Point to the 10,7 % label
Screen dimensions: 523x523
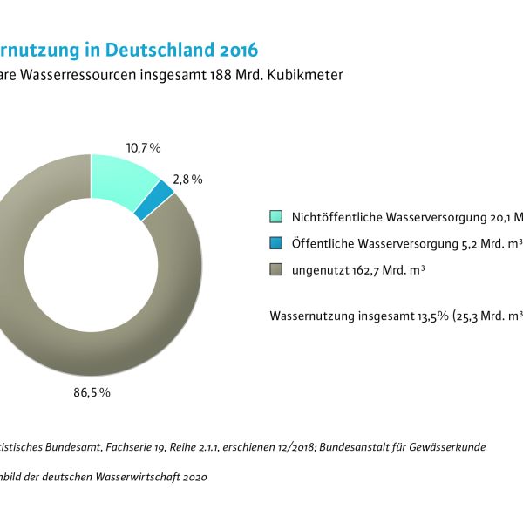(x=144, y=148)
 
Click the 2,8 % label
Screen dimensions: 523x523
(x=187, y=180)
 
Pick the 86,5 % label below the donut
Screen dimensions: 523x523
(x=92, y=392)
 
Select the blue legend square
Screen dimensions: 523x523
(x=276, y=244)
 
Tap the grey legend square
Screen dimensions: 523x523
(x=276, y=270)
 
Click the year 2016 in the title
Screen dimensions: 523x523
(x=232, y=47)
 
